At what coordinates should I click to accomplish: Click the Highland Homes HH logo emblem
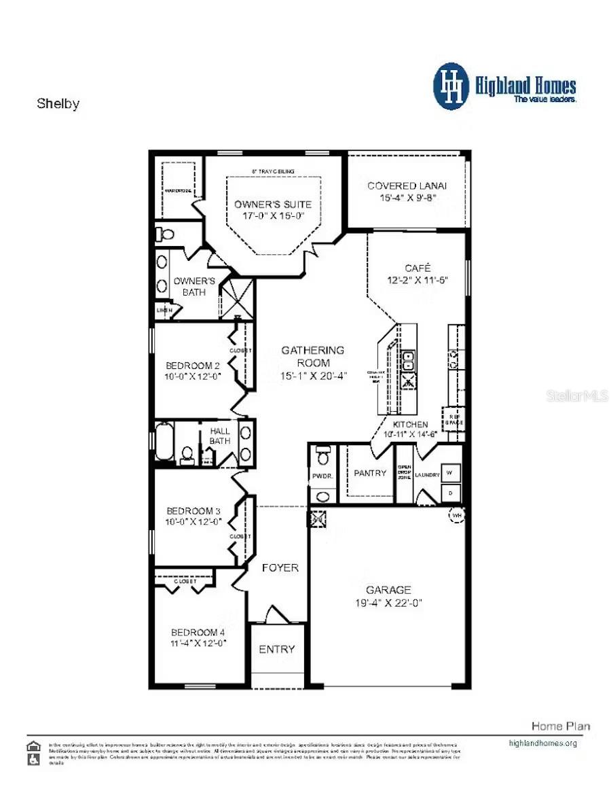tap(451, 86)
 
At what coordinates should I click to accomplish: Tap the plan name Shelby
tap(58, 104)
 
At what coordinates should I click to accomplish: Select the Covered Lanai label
tap(407, 186)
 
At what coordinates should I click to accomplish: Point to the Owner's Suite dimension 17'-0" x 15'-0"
tap(273, 215)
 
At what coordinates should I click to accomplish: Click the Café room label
tap(418, 268)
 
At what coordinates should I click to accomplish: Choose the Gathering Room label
tap(313, 350)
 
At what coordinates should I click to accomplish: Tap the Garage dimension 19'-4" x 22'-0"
tap(388, 603)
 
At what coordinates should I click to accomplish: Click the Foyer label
tap(280, 567)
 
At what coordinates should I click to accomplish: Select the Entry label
tap(277, 649)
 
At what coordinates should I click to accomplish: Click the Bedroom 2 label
tap(193, 365)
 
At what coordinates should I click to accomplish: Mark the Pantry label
tap(370, 473)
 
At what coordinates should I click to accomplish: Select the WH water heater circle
tap(456, 515)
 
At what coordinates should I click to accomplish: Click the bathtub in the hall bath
tap(164, 442)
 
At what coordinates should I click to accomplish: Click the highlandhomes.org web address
tap(542, 743)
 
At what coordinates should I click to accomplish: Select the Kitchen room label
tap(410, 424)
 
